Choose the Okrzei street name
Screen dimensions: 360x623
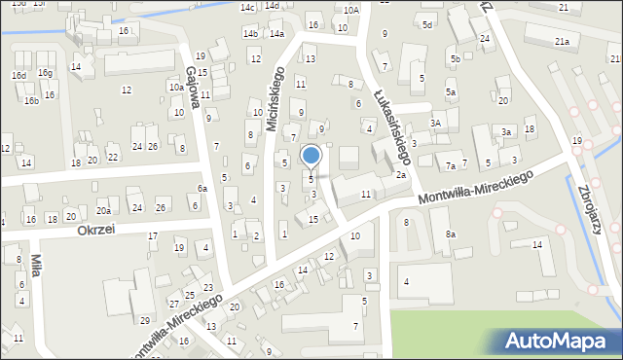pos(96,231)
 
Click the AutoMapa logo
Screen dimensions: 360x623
pos(558,341)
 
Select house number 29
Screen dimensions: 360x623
pos(144,321)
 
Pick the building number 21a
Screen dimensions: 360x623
pos(562,42)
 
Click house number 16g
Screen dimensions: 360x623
pos(45,73)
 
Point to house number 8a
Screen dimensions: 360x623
pos(451,234)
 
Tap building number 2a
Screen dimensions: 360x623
pos(401,175)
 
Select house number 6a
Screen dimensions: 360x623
pos(202,189)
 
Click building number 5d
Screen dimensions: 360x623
pos(427,24)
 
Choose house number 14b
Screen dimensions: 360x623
pos(250,34)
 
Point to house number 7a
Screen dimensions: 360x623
pos(451,166)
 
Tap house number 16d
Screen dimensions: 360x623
pos(19,75)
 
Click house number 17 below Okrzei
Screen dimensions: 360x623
pos(153,236)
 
